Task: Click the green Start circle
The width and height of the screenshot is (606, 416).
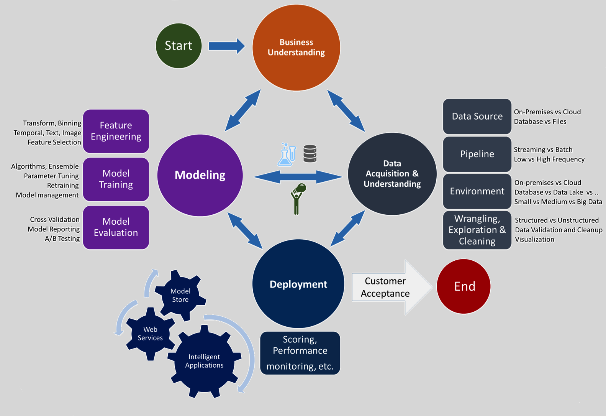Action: coord(179,46)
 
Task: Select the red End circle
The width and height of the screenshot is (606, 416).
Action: coord(464,286)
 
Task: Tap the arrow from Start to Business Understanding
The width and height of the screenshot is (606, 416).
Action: coord(226,46)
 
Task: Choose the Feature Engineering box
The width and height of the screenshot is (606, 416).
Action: coord(116,131)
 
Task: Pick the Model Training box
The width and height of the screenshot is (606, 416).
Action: coord(116,179)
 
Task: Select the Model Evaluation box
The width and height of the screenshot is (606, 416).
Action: coord(116,227)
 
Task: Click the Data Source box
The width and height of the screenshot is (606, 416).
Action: coord(477,117)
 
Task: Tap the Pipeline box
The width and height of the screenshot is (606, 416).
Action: coord(477,154)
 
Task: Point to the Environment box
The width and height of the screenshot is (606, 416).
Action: coord(477,191)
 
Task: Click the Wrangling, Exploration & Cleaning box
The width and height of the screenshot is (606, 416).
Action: coord(477,230)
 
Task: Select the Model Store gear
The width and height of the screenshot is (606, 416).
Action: coord(180,295)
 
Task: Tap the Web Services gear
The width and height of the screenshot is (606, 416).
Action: coord(150,334)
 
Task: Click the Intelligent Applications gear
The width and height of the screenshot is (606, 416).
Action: coord(204,361)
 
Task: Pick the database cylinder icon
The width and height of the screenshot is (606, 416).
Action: coord(310,154)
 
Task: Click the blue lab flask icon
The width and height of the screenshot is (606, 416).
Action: coord(287,155)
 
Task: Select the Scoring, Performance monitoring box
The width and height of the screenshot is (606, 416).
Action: coord(300,353)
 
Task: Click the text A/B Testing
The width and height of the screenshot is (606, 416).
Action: coord(62,238)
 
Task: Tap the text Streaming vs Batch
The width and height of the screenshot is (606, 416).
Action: coord(543,150)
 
